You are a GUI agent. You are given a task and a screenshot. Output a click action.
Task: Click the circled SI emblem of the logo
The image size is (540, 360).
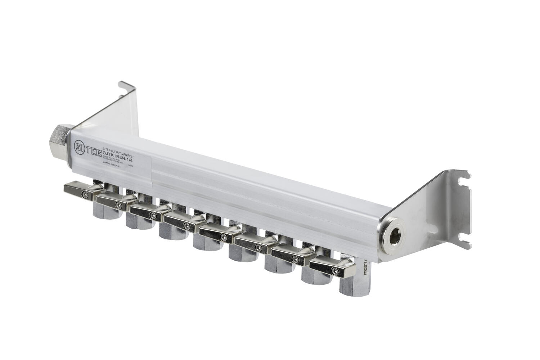(x=80, y=147)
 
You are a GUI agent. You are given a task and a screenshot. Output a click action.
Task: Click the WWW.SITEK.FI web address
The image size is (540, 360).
(x=111, y=163)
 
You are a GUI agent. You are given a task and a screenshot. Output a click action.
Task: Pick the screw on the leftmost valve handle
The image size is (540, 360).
(x=84, y=194)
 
